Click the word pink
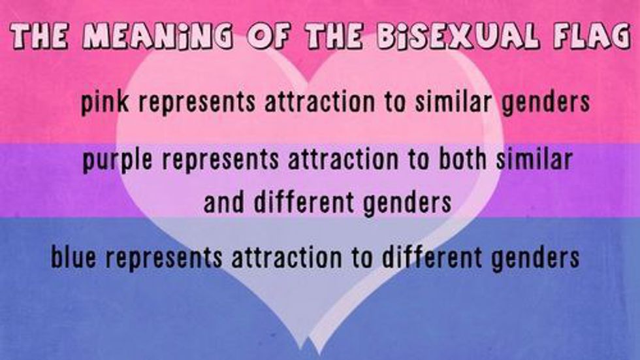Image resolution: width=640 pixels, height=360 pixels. tap(105, 102)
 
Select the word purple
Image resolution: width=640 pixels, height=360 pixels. tap(117, 159)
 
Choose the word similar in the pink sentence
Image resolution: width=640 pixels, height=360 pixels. tap(453, 101)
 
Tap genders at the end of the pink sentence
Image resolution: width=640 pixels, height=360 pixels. tap(546, 103)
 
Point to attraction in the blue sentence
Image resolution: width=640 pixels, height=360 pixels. tap(287, 257)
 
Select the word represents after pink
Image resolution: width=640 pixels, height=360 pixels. tap(197, 103)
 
